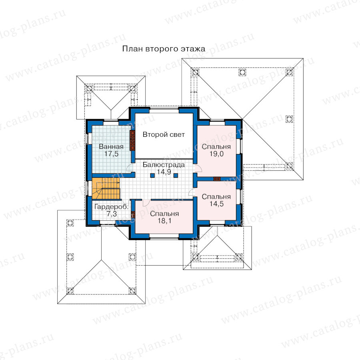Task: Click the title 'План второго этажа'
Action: (x=164, y=49)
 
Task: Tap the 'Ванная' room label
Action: (x=111, y=146)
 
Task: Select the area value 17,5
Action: (x=111, y=154)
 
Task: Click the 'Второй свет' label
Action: (x=164, y=134)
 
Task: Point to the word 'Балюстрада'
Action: (x=164, y=165)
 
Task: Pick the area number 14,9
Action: (x=164, y=172)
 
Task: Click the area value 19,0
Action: (x=216, y=154)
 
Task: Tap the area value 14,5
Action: (x=216, y=204)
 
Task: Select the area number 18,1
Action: (x=164, y=221)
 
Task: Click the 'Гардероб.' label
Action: (x=111, y=207)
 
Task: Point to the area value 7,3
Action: (x=112, y=214)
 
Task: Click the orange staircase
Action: (x=106, y=188)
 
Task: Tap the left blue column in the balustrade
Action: (x=152, y=176)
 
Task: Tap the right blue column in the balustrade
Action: (x=176, y=176)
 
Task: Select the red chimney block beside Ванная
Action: (x=132, y=140)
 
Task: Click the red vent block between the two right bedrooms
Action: (x=217, y=179)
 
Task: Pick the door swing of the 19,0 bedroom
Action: (x=198, y=168)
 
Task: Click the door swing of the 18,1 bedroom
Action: (x=146, y=203)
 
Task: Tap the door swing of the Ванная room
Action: (x=130, y=168)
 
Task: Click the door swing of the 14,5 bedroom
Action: (x=192, y=192)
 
